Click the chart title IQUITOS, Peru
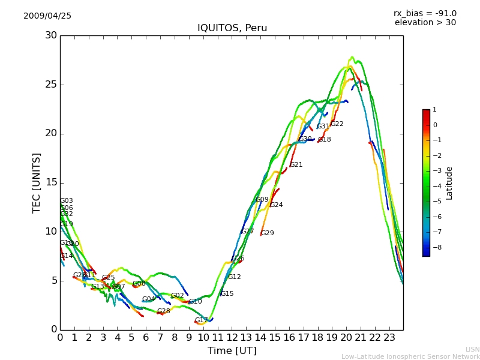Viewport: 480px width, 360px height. pyautogui.click(x=232, y=28)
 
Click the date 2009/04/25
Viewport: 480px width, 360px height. pyautogui.click(x=47, y=16)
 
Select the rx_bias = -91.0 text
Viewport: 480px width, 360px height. pyautogui.click(x=425, y=14)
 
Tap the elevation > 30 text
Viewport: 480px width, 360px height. pyautogui.click(x=425, y=23)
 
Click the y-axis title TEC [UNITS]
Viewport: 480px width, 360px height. pyautogui.click(x=37, y=182)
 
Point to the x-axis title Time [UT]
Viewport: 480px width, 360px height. pyautogui.click(x=232, y=351)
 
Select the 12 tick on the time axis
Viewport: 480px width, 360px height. pyautogui.click(x=232, y=338)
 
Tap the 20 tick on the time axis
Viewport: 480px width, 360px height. pyautogui.click(x=346, y=338)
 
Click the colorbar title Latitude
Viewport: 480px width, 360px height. pyautogui.click(x=449, y=183)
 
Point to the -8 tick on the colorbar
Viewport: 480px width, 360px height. pyautogui.click(x=435, y=247)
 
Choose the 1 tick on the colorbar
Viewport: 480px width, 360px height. pyautogui.click(x=435, y=110)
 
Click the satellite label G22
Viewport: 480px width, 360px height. pyautogui.click(x=337, y=124)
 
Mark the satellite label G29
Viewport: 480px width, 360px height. pyautogui.click(x=267, y=233)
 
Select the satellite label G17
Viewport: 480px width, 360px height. pyautogui.click(x=201, y=320)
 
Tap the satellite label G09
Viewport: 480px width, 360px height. pyautogui.click(x=262, y=200)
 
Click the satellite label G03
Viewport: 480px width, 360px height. pyautogui.click(x=67, y=201)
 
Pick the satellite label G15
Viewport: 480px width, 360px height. pyautogui.click(x=227, y=294)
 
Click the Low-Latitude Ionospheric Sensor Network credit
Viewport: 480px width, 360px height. pyautogui.click(x=410, y=357)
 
